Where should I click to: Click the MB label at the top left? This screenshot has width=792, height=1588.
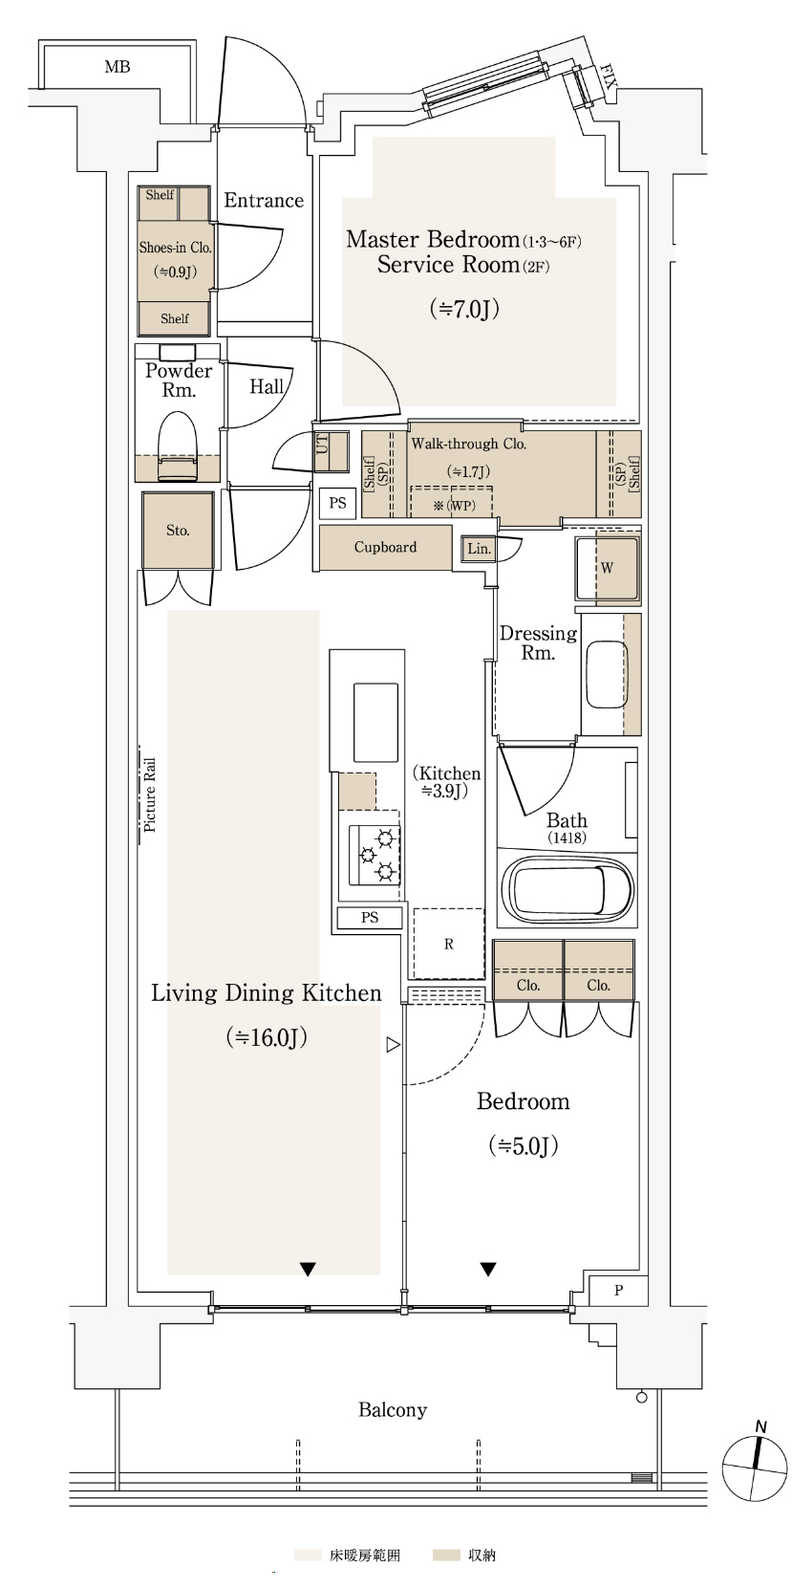click(x=118, y=67)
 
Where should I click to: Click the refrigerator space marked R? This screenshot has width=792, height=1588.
click(x=448, y=944)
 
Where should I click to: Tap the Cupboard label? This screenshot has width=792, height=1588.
click(x=385, y=547)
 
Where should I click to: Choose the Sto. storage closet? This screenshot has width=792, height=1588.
click(x=178, y=531)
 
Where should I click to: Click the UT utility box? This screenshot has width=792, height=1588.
click(x=332, y=451)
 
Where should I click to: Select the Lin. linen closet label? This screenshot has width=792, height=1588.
click(x=479, y=549)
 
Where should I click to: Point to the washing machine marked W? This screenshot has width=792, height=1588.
click(x=607, y=569)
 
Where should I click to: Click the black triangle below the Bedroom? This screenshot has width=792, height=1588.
click(x=487, y=1270)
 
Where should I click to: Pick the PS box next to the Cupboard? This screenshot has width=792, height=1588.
click(x=337, y=503)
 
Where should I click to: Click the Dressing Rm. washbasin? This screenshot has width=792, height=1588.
click(x=607, y=674)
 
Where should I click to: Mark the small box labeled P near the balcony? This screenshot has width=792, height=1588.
click(x=618, y=1291)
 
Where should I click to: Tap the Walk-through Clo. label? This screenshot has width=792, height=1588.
click(x=468, y=445)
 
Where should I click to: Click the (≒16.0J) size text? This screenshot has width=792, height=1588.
click(x=267, y=1038)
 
